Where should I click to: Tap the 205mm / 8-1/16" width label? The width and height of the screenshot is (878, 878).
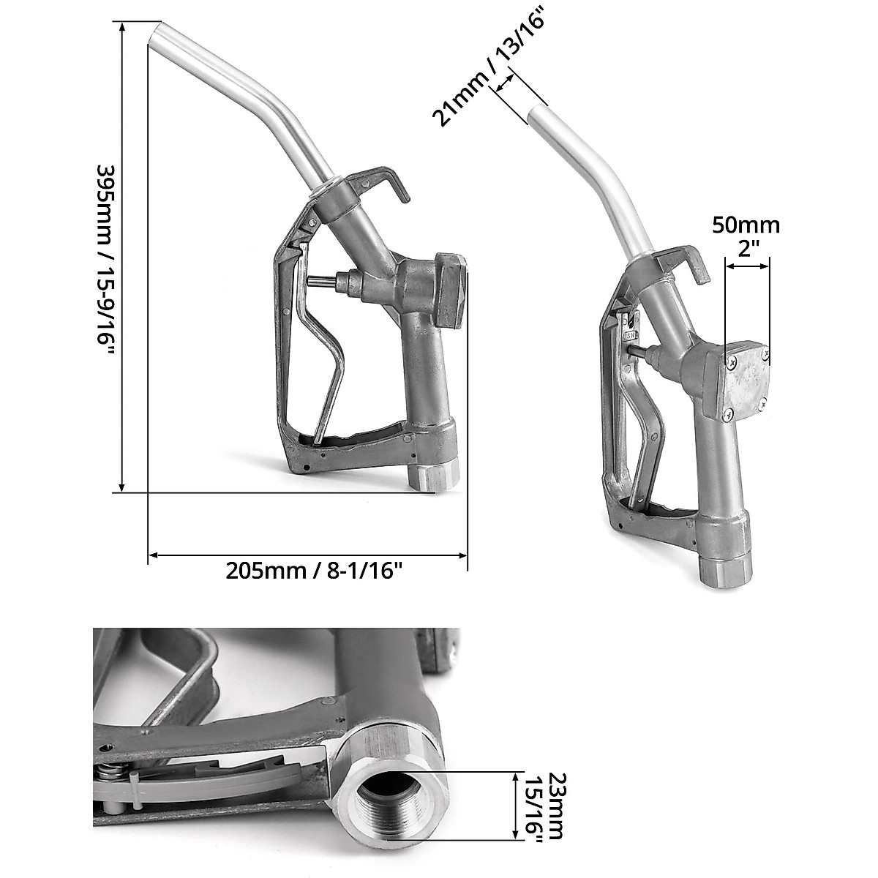(315, 570)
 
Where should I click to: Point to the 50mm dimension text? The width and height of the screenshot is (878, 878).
(746, 226)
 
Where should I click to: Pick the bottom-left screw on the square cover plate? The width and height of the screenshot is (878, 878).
(728, 414)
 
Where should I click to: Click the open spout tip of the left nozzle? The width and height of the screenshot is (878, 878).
(155, 32)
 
